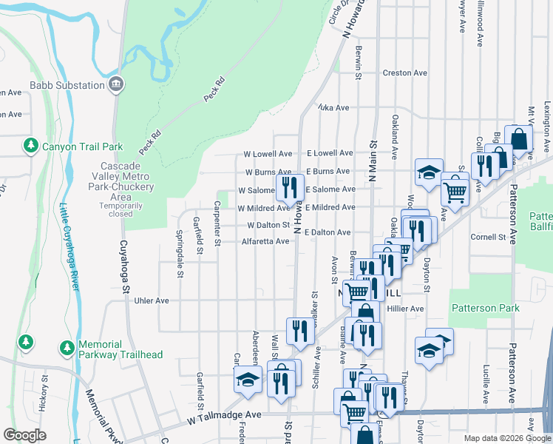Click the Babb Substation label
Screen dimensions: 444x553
(67, 85)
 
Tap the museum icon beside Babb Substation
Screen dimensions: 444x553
(116, 85)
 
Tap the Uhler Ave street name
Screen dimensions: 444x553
(152, 301)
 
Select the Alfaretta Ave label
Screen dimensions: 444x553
(265, 241)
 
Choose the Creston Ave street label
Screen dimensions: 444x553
(405, 73)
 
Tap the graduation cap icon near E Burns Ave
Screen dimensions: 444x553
(428, 172)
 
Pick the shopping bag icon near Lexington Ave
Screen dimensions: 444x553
(519, 138)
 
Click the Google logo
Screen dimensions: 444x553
(25, 434)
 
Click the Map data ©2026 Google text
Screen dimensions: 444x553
(507, 438)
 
